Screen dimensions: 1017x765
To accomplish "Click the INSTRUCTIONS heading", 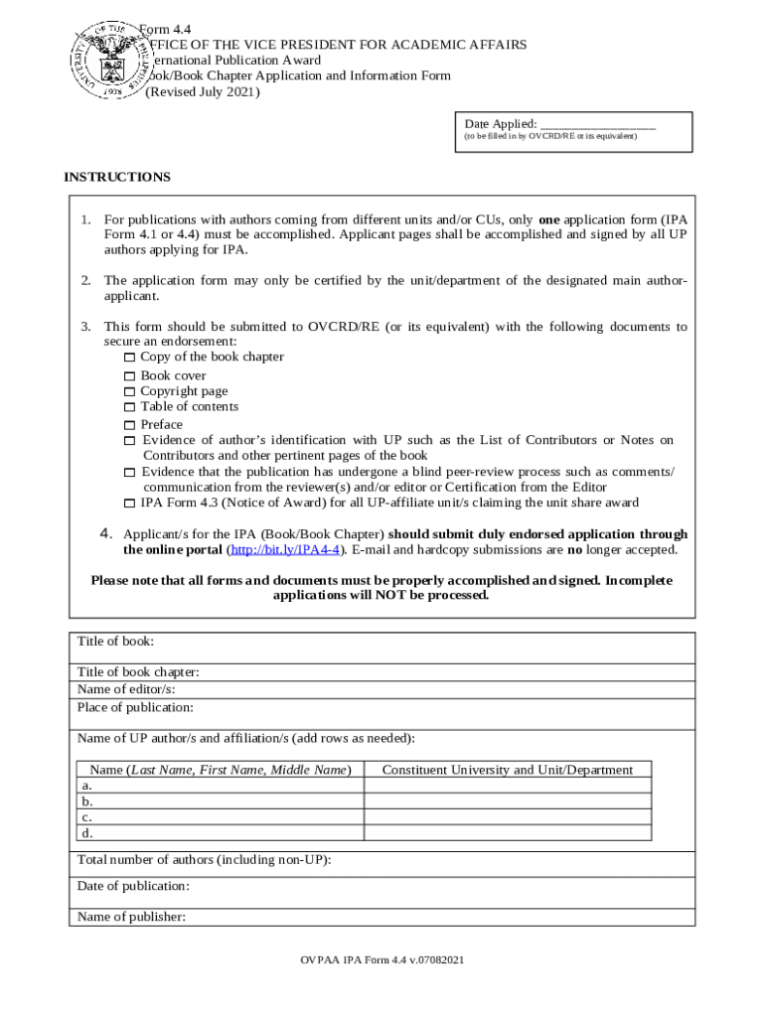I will pos(117,177).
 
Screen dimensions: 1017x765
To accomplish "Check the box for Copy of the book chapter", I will pos(129,358).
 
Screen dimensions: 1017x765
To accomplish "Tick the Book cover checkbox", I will pos(129,376).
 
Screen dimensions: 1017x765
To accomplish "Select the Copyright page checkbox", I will pos(129,392).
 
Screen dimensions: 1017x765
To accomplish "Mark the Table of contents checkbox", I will pos(129,407).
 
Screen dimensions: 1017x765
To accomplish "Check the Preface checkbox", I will pos(129,425).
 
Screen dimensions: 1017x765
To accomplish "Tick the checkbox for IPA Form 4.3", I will pos(129,504).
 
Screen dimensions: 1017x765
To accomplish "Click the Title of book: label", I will pos(115,642).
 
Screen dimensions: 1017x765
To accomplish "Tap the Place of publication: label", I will pos(135,707).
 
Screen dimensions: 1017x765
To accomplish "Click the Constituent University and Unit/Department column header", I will pos(507,770).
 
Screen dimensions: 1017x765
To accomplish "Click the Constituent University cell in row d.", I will pos(507,832).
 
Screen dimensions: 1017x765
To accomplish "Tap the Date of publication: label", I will pos(133,885).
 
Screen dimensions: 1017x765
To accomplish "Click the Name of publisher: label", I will pos(131,917).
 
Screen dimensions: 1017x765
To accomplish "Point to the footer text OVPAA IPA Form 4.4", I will pos(382,961).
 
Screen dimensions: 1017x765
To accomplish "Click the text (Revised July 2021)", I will pos(203,92).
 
